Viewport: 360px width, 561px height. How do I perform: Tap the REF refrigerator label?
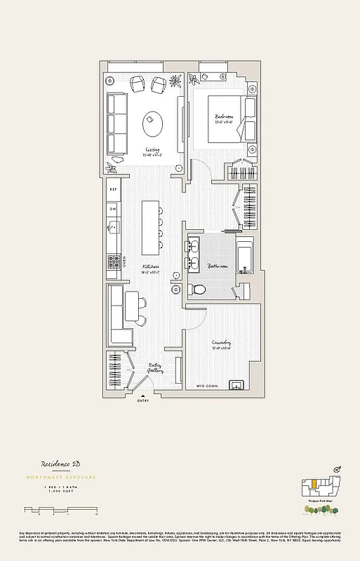tap(112, 189)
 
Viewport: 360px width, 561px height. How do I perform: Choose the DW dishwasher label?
tap(112, 208)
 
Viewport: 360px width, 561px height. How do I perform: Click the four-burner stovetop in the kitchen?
tap(112, 262)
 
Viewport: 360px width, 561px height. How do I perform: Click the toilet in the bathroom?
tap(199, 289)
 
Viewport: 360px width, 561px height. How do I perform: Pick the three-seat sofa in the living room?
tap(116, 124)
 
